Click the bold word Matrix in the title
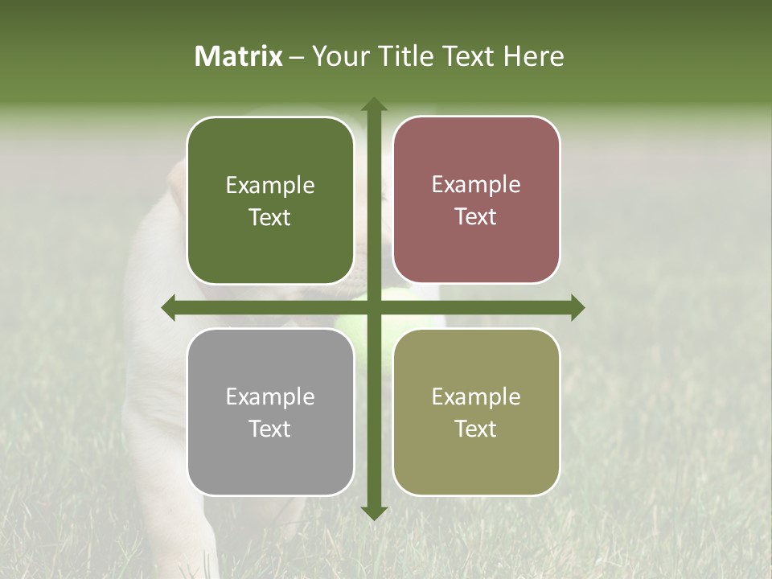238,56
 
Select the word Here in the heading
533,56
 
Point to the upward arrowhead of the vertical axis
373,105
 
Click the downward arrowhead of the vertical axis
373,513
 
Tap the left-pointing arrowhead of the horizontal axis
169,307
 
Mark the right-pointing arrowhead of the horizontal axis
577,307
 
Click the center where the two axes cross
373,307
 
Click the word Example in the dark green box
270,186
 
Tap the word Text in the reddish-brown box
476,217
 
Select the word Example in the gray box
270,397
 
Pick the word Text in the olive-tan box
476,429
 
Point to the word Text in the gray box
270,429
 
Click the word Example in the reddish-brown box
476,185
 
